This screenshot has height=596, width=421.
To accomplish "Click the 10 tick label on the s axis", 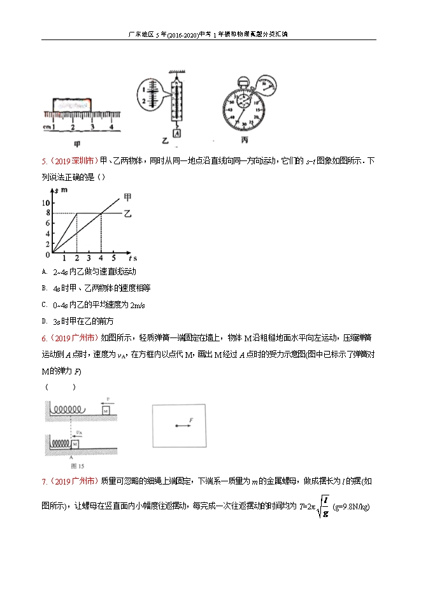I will [45, 202].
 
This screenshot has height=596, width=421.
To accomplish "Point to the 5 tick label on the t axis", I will [114, 259].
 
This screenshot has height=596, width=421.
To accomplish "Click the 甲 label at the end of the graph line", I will [127, 197].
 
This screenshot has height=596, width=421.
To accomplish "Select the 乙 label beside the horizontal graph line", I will [127, 213].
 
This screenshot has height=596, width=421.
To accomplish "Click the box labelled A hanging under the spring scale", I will [176, 133].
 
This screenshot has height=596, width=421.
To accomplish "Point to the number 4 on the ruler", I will [111, 127].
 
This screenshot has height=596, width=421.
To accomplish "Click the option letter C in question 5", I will [45, 305].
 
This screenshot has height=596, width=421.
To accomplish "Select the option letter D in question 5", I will [45, 322].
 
